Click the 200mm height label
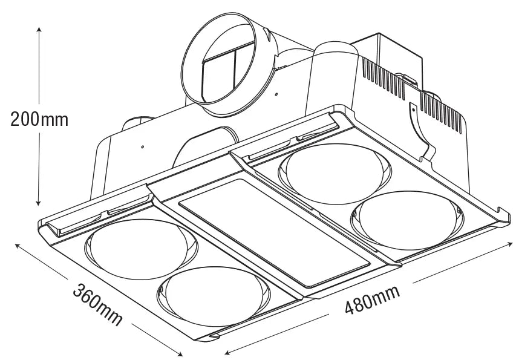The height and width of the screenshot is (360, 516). [39, 119]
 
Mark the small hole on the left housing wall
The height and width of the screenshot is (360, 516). [141, 146]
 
